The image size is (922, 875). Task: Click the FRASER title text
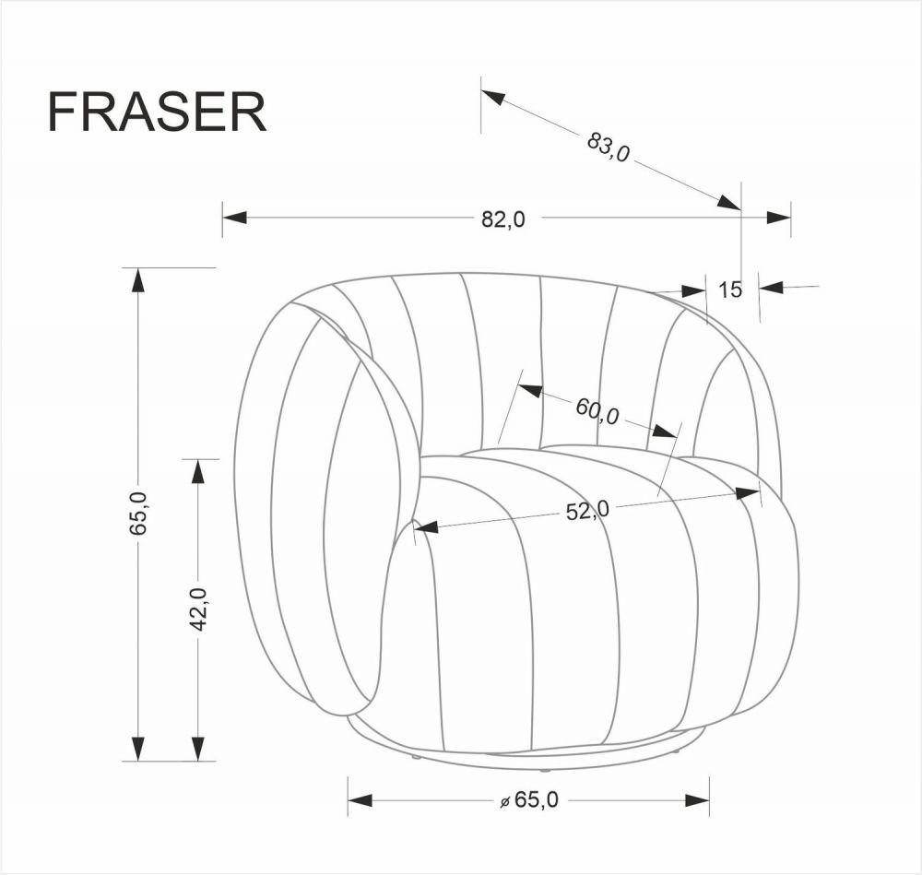(157, 112)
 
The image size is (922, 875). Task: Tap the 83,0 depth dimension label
(608, 147)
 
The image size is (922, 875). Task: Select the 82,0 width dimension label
(503, 219)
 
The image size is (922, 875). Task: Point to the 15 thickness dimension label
(730, 290)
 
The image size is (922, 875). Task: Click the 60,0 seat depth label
(597, 410)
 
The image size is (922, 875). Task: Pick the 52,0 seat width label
(587, 511)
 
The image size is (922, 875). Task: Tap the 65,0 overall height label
(138, 513)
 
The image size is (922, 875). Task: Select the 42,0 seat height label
(199, 609)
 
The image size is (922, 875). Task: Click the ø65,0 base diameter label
(528, 799)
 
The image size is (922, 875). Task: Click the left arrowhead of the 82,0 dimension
(234, 218)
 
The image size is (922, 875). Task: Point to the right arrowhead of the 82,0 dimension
(778, 218)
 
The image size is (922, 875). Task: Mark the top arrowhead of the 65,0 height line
(138, 280)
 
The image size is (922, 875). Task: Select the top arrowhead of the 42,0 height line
(199, 471)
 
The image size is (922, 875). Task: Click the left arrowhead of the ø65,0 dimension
(360, 799)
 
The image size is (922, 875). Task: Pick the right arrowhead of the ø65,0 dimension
(697, 799)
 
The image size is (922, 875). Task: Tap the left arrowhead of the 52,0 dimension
(427, 526)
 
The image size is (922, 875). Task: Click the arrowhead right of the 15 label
(771, 288)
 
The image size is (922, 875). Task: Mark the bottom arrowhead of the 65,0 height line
(138, 748)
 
